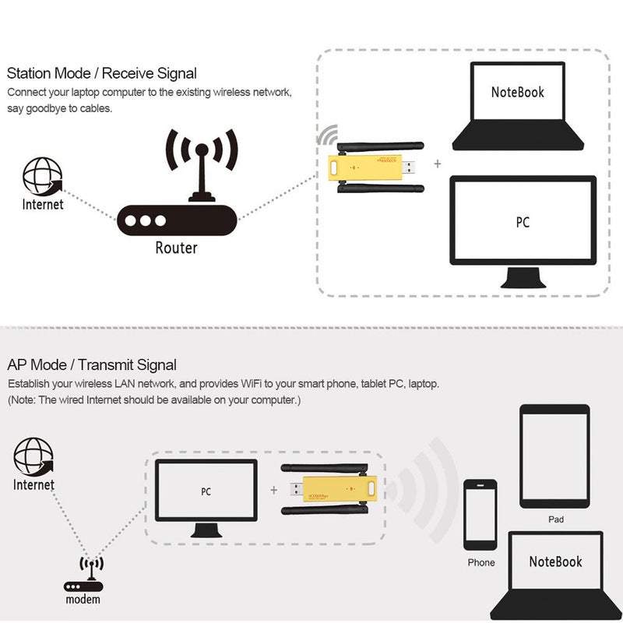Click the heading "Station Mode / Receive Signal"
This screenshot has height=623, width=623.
tap(102, 74)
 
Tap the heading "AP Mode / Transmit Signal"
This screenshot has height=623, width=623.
tap(92, 364)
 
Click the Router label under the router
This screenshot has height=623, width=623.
tap(176, 248)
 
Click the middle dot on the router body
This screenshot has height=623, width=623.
tap(145, 220)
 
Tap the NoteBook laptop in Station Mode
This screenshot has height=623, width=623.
tap(518, 105)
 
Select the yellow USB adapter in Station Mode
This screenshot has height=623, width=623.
tap(366, 167)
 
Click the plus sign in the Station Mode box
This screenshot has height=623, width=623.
tap(438, 164)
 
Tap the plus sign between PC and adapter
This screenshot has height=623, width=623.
tap(273, 491)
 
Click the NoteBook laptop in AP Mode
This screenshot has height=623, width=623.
tap(555, 568)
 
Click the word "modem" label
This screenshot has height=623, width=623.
tap(83, 600)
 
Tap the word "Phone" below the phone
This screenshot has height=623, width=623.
tap(481, 562)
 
